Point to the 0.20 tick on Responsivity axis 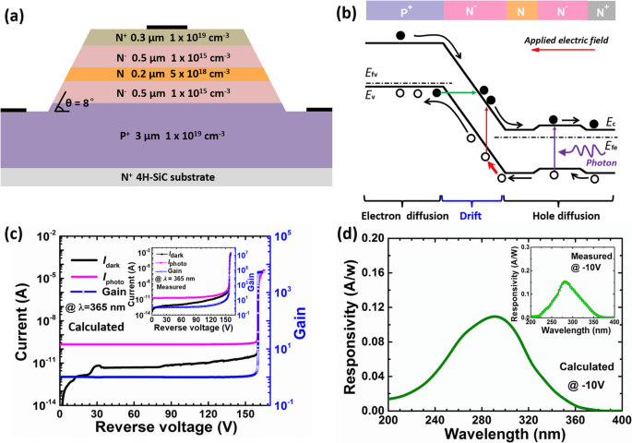point(367,238)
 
